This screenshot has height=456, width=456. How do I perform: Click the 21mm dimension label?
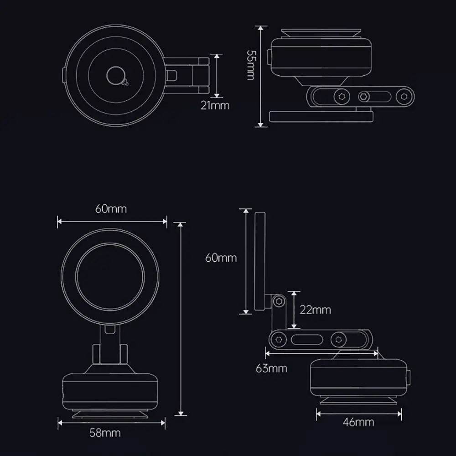pos(215,105)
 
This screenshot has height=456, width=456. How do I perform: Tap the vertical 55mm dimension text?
pos(250,65)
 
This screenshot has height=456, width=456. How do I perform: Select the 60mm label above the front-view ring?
pos(111,209)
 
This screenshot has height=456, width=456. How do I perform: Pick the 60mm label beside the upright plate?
pos(221,258)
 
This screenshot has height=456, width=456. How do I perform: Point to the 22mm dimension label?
pos(315,310)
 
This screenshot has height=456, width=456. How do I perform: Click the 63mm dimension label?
pos(272,368)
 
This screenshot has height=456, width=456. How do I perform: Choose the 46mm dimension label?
pos(358,422)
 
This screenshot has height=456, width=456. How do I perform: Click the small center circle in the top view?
pos(115,75)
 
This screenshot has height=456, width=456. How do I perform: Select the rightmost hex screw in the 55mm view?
pos(403,96)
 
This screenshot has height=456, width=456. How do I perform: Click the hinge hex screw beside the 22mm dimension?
pos(279,301)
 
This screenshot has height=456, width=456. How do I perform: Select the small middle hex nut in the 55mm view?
pos(363,97)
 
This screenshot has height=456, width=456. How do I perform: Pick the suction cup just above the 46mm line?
pos(358,400)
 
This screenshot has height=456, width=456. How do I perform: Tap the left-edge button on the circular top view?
pos(63,75)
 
